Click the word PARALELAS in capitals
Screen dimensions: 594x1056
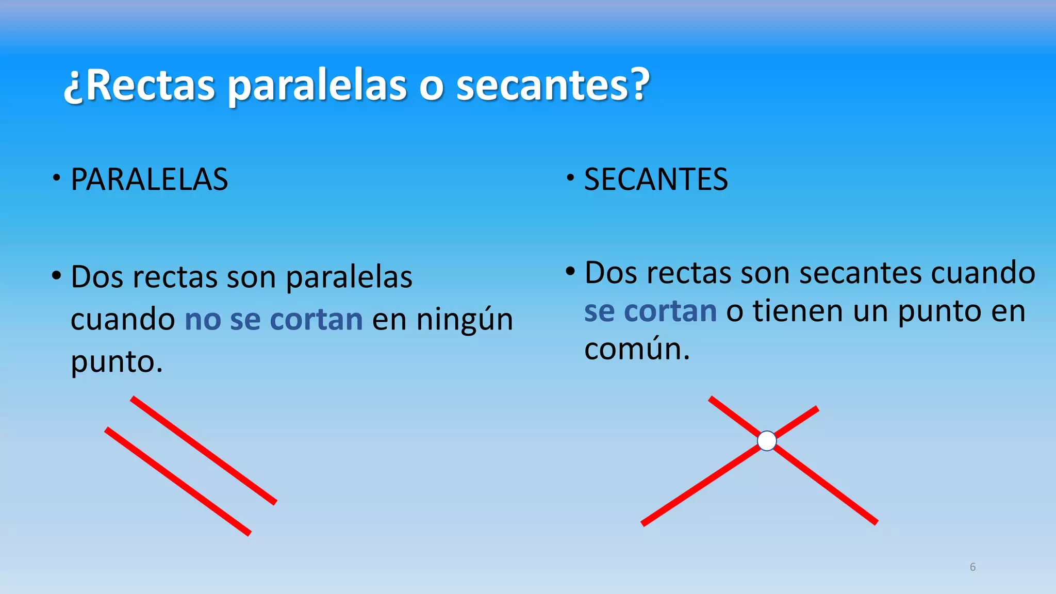pos(149,179)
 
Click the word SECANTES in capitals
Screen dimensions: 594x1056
pos(655,179)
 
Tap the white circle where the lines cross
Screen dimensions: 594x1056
pos(767,441)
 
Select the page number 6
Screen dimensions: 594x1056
pos(972,567)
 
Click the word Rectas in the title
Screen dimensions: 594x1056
pos(150,86)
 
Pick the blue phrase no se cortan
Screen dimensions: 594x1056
pos(274,319)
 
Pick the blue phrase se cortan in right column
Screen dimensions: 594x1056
pos(650,311)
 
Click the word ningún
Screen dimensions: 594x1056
pos(465,319)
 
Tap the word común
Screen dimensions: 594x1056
pos(636,349)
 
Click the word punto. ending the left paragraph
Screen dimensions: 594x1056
pos(117,361)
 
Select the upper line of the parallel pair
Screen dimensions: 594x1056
pos(204,450)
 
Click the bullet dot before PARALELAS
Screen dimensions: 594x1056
pos(56,179)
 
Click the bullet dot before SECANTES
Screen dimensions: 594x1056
pos(570,178)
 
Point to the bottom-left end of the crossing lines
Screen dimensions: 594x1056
pos(643,523)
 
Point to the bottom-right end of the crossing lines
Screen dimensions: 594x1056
pos(875,522)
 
